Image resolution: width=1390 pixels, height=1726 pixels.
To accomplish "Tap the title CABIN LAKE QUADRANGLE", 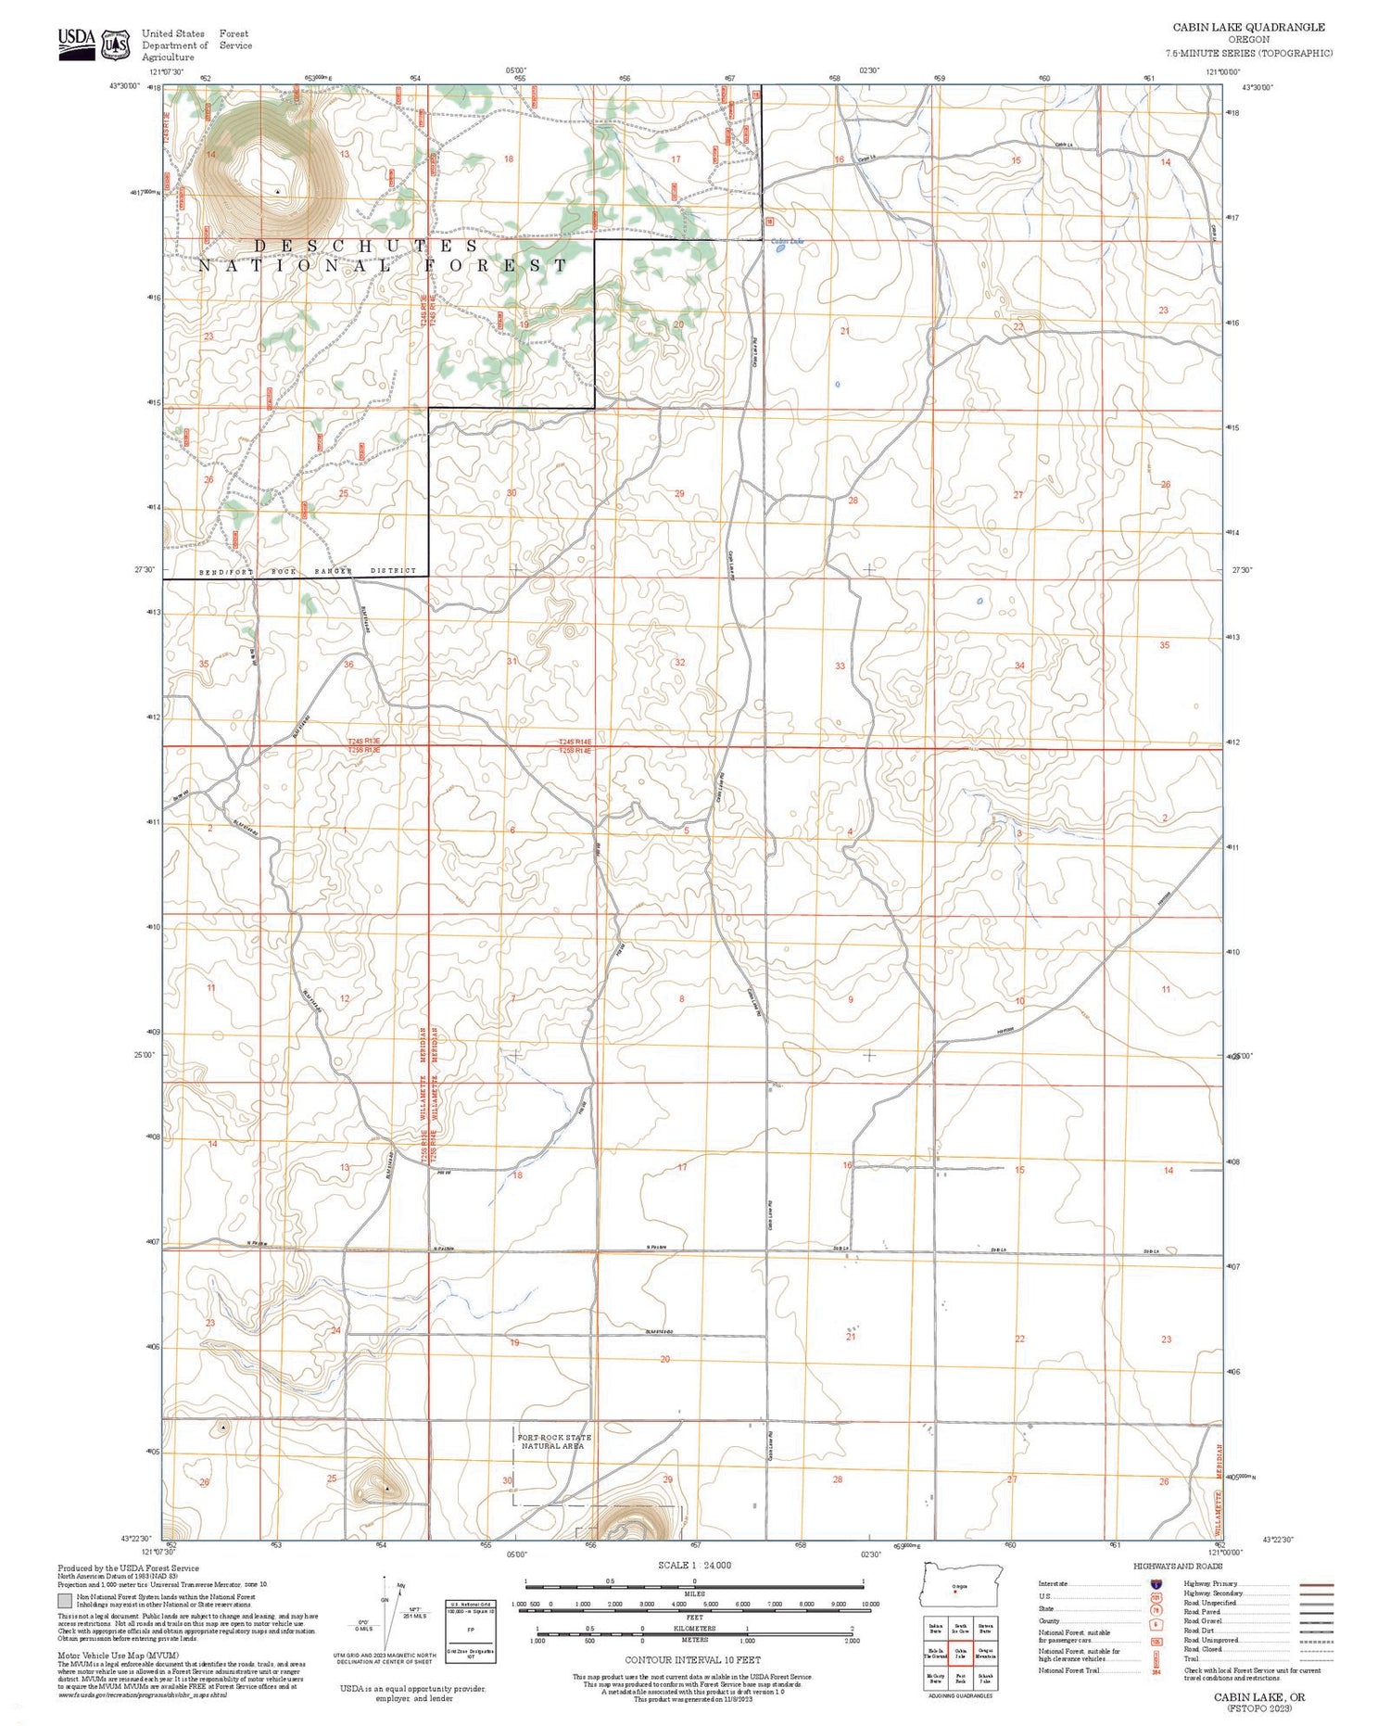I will [x=1248, y=27].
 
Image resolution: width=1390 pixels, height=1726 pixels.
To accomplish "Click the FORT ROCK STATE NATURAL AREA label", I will [x=553, y=1441].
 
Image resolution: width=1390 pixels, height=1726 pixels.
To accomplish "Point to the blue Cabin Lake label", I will [x=787, y=242].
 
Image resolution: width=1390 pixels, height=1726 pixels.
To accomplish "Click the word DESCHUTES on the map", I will [x=366, y=246].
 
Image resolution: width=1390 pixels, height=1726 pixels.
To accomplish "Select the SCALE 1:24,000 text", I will [x=694, y=1566].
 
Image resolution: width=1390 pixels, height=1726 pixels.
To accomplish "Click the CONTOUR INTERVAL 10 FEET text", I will [x=692, y=1660].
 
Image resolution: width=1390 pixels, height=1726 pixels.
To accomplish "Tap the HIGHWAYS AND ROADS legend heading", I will [x=1177, y=1567].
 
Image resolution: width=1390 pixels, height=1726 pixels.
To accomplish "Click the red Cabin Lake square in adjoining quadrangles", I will [x=960, y=1653].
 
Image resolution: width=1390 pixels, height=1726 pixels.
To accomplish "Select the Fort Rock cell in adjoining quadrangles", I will [x=960, y=1679].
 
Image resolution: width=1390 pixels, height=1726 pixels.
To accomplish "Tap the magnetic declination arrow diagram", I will [x=388, y=1612].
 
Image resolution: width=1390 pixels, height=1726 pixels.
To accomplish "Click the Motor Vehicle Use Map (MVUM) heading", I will [x=118, y=1655].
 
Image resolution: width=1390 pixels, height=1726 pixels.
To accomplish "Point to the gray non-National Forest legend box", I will [x=64, y=1601].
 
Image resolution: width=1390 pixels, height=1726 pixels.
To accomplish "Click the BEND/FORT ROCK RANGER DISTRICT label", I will [x=308, y=571].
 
